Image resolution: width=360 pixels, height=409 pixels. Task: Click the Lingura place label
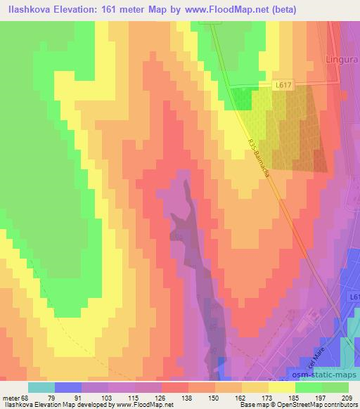[342, 60]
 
